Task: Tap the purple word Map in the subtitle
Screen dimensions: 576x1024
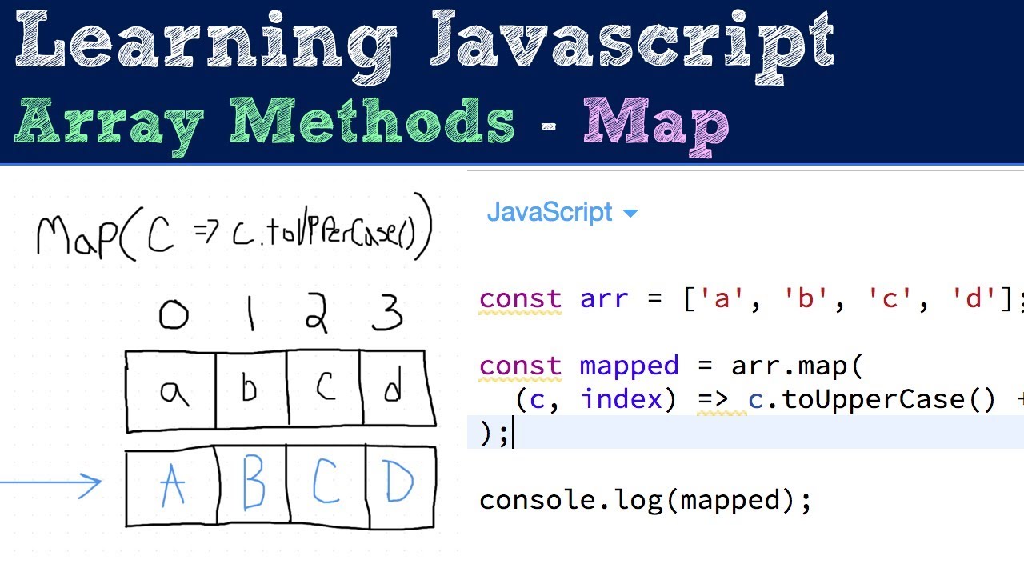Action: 656,124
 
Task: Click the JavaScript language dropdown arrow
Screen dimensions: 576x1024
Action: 630,214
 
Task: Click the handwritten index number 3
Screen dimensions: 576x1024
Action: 387,314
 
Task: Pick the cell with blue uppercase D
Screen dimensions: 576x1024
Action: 398,485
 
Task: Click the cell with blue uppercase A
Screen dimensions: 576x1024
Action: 173,486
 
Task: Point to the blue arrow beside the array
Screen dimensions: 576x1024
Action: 51,483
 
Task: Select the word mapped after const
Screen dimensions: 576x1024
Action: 629,366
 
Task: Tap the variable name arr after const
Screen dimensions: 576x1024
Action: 604,299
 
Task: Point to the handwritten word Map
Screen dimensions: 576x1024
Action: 77,236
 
